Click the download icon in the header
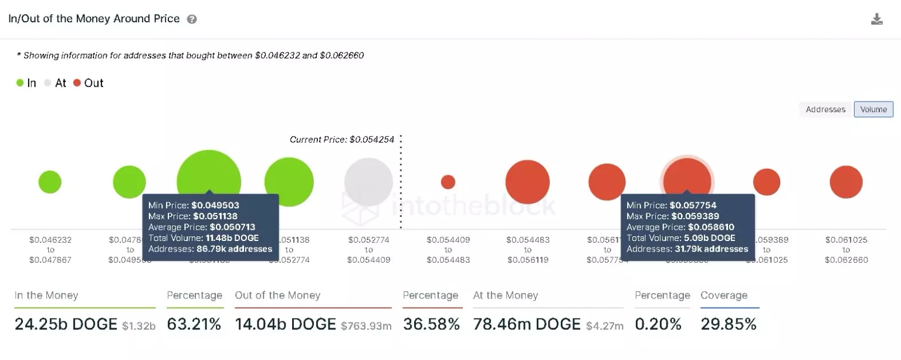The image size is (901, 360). (x=876, y=19)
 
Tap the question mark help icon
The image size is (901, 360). (x=192, y=19)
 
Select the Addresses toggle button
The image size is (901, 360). (x=825, y=110)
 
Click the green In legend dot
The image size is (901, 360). (x=20, y=83)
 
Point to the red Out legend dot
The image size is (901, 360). (x=77, y=83)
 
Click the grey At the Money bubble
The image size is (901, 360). (x=368, y=182)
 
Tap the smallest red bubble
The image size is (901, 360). (x=448, y=182)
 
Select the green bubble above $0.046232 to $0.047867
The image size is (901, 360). (x=50, y=182)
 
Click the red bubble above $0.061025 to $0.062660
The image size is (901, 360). (x=846, y=182)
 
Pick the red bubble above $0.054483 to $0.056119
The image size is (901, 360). (x=527, y=182)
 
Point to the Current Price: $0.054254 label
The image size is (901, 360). (x=341, y=140)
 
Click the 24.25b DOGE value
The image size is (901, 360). (x=66, y=324)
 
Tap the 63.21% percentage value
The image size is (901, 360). (x=194, y=324)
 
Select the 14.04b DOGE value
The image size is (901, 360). (x=285, y=324)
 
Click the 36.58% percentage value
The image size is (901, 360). (x=431, y=324)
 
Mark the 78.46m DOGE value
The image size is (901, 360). (x=526, y=324)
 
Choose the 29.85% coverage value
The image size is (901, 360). (x=729, y=324)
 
